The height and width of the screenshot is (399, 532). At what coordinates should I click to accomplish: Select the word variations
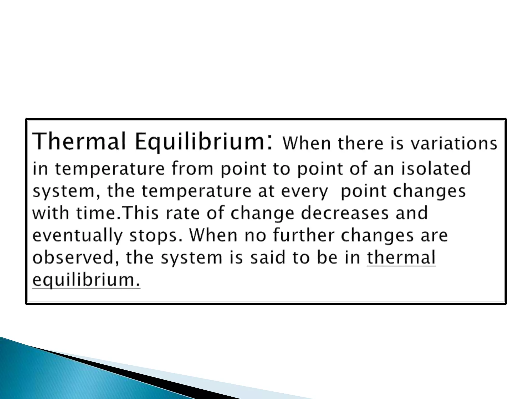tap(454, 143)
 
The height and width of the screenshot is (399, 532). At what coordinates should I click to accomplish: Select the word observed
tap(74, 258)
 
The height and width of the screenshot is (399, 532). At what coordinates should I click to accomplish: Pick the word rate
tap(183, 213)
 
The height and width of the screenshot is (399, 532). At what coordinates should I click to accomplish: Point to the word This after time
tap(141, 213)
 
